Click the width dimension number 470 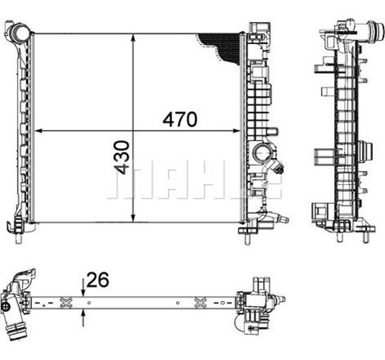180,119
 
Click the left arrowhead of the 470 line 37,131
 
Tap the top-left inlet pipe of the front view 18,34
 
